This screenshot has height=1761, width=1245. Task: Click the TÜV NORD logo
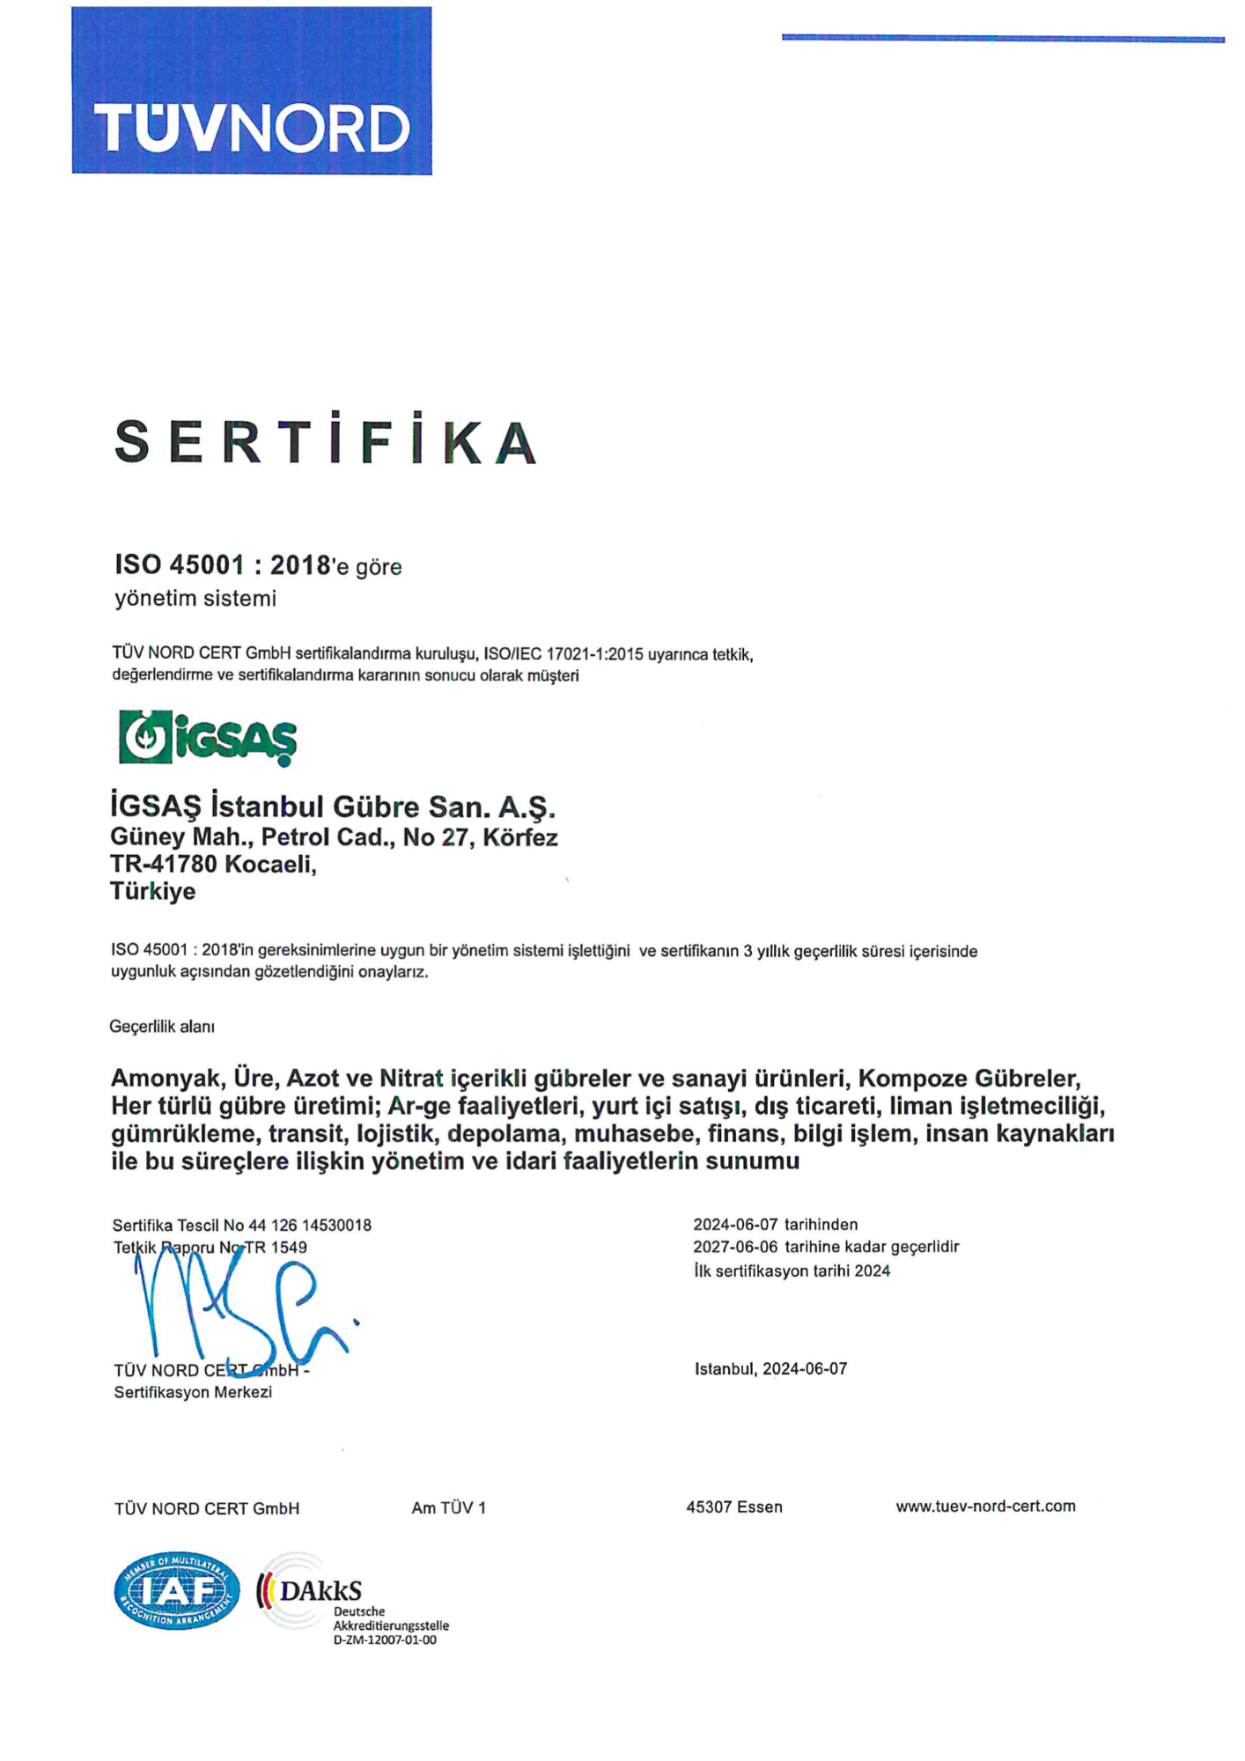tap(252, 91)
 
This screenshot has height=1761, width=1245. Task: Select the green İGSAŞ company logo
tap(208, 738)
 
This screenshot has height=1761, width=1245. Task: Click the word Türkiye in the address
tap(152, 892)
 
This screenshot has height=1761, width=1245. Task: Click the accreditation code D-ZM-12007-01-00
tap(385, 1640)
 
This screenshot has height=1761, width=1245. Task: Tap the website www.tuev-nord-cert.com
tap(985, 1507)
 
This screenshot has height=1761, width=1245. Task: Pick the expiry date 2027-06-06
tap(735, 1247)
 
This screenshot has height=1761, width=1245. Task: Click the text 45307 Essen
tap(734, 1507)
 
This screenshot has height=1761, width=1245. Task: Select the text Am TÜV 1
tap(448, 1508)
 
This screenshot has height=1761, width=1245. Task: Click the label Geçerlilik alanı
tap(162, 1027)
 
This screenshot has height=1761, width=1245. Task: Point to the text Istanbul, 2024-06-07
tap(770, 1369)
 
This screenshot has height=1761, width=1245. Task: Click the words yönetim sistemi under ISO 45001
tap(195, 599)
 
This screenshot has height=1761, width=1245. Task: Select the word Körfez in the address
tap(520, 837)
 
